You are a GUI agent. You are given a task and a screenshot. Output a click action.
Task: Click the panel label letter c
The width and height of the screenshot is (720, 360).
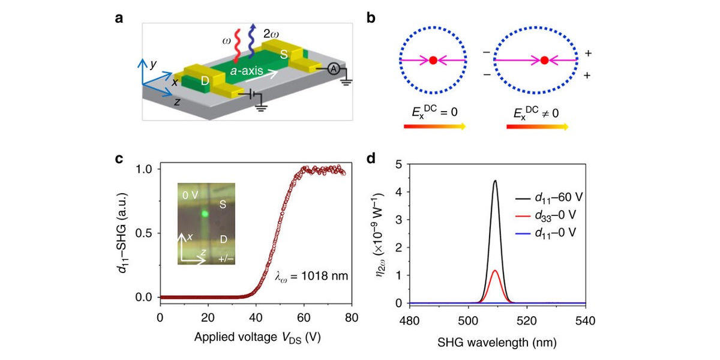(x=119, y=159)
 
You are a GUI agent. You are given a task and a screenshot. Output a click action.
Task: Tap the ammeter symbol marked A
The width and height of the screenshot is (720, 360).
(x=329, y=70)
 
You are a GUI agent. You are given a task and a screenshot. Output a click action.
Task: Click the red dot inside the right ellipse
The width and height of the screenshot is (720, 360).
(x=544, y=60)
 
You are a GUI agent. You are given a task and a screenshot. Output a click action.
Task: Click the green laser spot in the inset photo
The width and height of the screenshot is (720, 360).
(x=205, y=213)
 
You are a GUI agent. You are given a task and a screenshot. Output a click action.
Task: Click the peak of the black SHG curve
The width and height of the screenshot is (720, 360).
(x=495, y=180)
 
